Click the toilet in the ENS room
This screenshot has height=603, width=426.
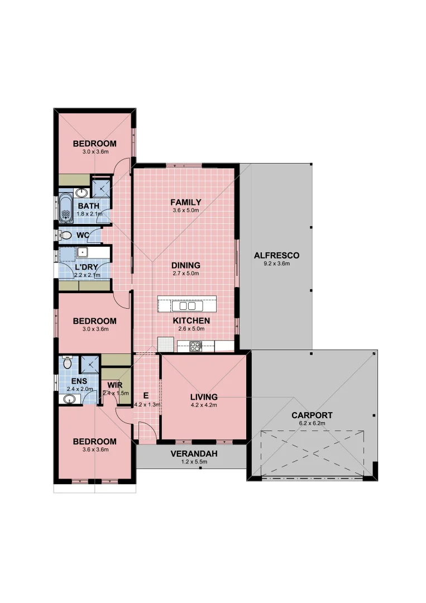click(x=67, y=363)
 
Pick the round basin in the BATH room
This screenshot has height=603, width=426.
click(x=82, y=193)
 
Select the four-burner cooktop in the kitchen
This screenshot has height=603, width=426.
click(x=195, y=345)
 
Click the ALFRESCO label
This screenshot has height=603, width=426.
click(x=276, y=256)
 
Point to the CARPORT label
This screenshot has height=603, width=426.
click(x=312, y=415)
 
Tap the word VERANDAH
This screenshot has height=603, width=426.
click(x=194, y=454)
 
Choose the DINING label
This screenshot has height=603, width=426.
click(x=186, y=266)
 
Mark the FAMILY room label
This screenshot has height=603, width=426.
click(x=186, y=202)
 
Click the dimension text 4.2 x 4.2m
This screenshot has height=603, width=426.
click(x=203, y=405)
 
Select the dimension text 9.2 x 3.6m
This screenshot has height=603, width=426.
click(x=276, y=264)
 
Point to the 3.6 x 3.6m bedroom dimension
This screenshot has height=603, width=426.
click(x=95, y=449)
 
